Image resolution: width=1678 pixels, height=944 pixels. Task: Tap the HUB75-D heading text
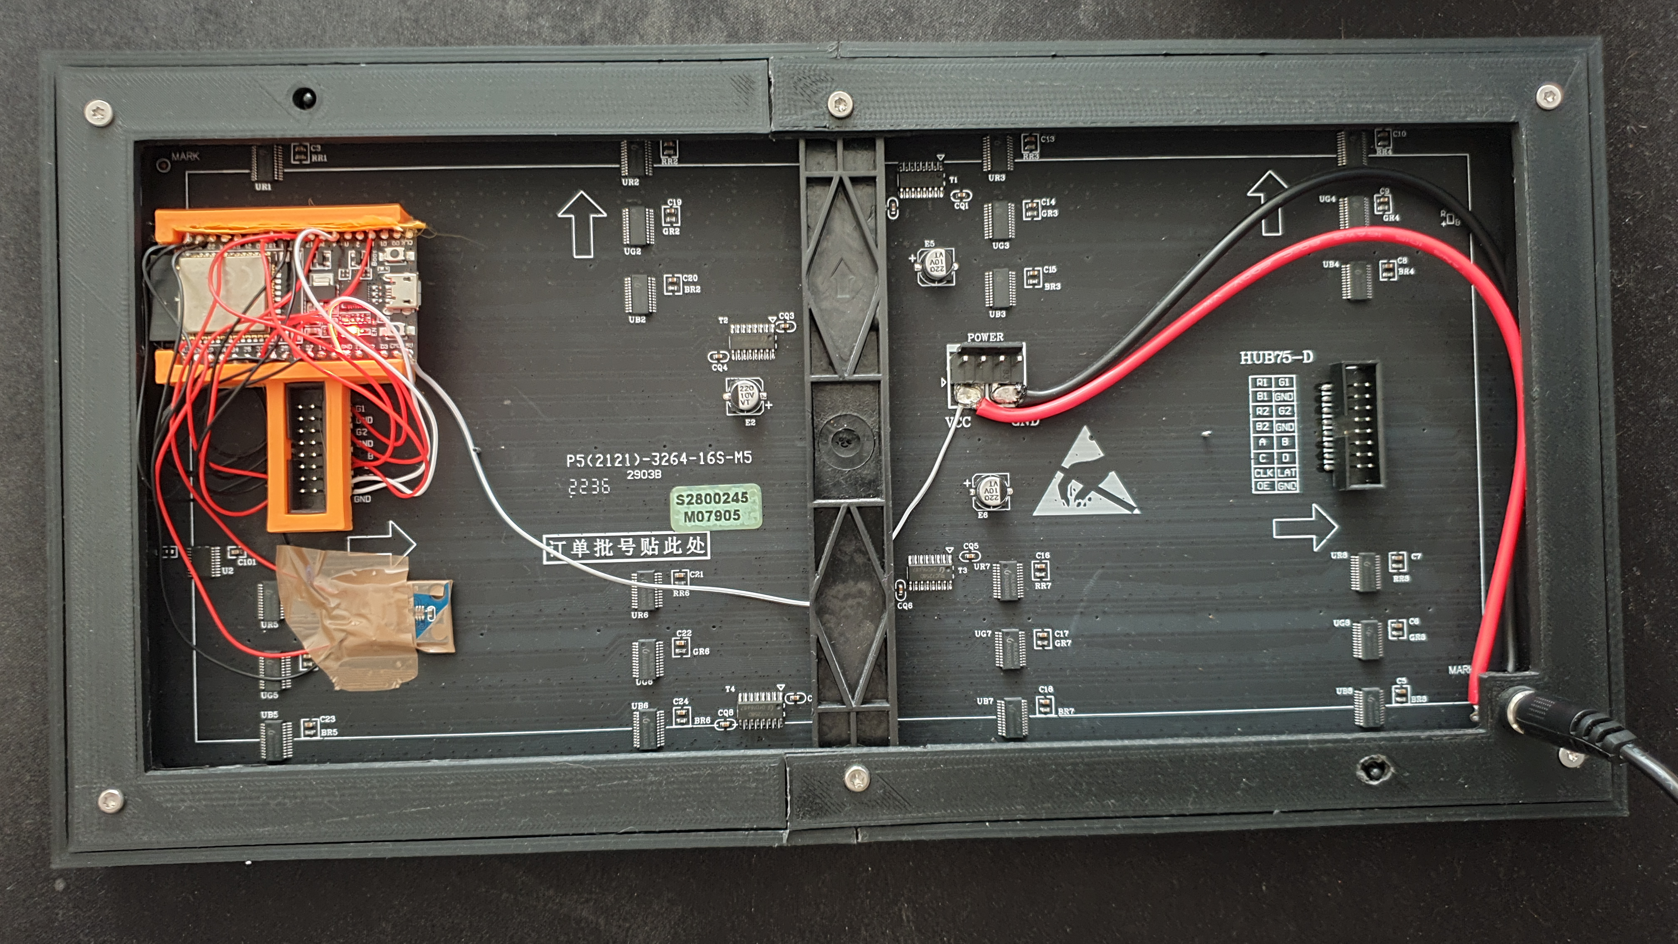tap(1276, 357)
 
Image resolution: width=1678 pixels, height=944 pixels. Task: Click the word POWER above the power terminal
tap(985, 337)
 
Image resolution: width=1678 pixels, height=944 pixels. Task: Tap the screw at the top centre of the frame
tap(840, 102)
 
